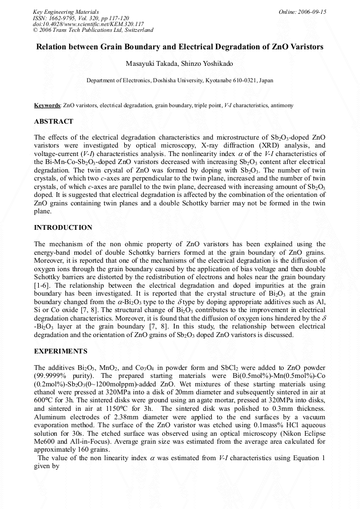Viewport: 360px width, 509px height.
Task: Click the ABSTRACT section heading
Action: pos(54,122)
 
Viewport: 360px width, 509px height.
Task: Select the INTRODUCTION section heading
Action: pos(63,228)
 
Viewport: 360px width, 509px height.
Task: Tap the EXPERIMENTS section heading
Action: pos(61,352)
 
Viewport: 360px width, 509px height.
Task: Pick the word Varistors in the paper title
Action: pos(306,47)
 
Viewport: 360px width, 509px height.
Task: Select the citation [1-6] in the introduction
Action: pos(42,285)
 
